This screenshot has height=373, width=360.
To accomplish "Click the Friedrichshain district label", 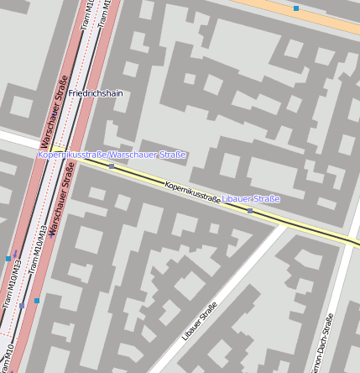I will click(96, 93).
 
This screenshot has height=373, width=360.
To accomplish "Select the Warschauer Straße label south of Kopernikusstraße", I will click(60, 198).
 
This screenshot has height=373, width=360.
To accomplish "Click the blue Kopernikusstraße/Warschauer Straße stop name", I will click(112, 155).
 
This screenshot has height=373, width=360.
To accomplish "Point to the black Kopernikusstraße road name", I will click(192, 192).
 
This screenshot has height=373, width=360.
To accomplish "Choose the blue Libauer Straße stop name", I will click(251, 198).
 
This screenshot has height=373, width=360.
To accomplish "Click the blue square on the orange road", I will click(296, 8).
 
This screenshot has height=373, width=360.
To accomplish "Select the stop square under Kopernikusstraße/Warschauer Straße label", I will click(112, 166).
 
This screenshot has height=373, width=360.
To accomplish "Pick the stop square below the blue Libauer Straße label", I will click(250, 211).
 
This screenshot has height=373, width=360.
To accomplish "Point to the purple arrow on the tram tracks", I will click(15, 253).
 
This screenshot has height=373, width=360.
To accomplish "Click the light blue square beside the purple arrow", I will click(8, 259).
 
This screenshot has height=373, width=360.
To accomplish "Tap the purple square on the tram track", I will click(23, 306).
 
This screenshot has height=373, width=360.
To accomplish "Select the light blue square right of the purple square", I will click(37, 300).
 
